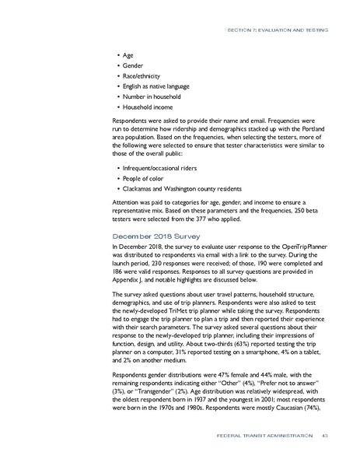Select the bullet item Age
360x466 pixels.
[x=128, y=56]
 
